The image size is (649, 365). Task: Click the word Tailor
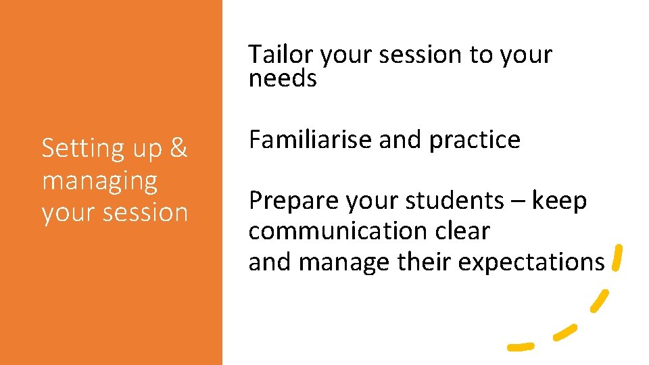(282, 55)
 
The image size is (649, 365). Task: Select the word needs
(283, 79)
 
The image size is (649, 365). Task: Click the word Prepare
(293, 201)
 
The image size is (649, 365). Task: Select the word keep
(559, 201)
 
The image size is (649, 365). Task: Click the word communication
(335, 231)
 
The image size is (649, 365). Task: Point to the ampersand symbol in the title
(178, 149)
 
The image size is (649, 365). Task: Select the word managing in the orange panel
(99, 181)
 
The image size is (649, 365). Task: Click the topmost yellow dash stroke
(617, 258)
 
